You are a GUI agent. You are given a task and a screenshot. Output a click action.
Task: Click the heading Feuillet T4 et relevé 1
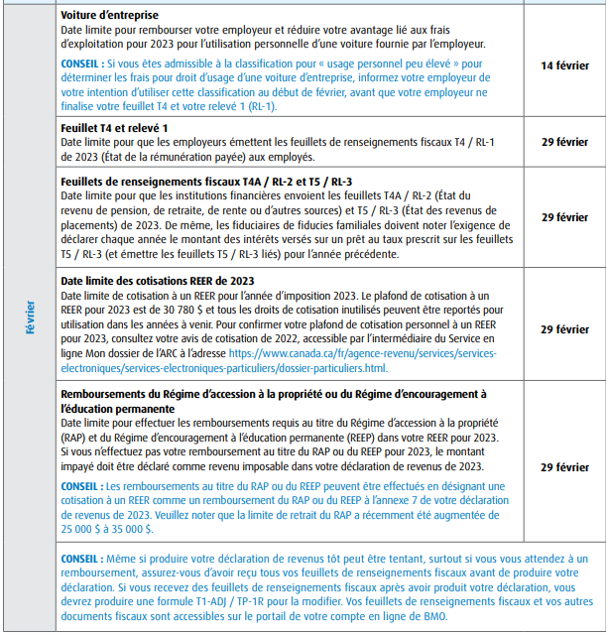[x=115, y=129]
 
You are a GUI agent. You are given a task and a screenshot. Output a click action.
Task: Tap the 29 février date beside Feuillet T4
[x=564, y=143]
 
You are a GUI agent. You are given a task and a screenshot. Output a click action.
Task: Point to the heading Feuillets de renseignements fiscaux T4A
[x=206, y=183]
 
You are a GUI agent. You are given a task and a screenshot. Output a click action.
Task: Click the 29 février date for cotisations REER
[x=564, y=328]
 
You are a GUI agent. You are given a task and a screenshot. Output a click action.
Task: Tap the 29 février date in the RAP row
[x=564, y=466]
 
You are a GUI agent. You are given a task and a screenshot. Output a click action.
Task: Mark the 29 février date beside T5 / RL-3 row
[x=564, y=216]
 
